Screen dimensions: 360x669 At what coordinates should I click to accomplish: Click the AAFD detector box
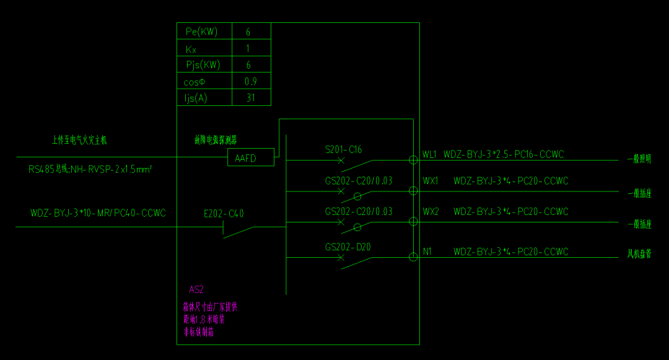(251, 159)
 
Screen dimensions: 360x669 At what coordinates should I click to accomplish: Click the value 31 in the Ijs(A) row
(250, 98)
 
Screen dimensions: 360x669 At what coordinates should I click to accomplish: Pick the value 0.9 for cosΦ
(250, 81)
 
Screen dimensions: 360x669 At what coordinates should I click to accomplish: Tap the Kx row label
(191, 48)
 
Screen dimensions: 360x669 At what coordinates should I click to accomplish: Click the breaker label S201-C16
(343, 149)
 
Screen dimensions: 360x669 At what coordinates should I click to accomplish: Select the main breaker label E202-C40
(224, 214)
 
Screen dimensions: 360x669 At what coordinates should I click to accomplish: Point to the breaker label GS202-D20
(348, 247)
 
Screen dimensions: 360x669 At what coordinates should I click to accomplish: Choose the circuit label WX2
(431, 212)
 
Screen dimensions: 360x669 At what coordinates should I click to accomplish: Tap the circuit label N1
(427, 252)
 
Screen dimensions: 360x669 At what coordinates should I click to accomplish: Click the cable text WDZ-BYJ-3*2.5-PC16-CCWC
(504, 154)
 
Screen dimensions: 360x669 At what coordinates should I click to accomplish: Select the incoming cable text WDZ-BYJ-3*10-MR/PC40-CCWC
(98, 213)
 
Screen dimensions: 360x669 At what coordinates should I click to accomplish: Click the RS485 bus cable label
(90, 169)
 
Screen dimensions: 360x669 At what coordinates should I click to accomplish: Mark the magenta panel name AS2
(196, 289)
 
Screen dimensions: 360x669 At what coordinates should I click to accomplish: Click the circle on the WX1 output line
(413, 191)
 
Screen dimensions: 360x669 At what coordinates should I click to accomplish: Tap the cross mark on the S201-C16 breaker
(341, 160)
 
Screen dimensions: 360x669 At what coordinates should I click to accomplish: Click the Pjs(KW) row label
(203, 64)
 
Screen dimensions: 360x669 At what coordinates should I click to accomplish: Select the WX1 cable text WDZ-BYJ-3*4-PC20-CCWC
(510, 181)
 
